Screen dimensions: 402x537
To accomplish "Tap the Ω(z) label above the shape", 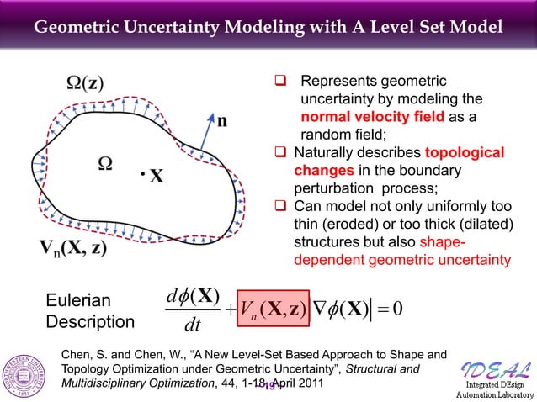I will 86,86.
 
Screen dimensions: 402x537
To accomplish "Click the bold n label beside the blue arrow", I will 221,120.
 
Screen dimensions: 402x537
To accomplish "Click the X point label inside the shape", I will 157,177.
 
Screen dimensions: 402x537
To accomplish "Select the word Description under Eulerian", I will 90,323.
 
